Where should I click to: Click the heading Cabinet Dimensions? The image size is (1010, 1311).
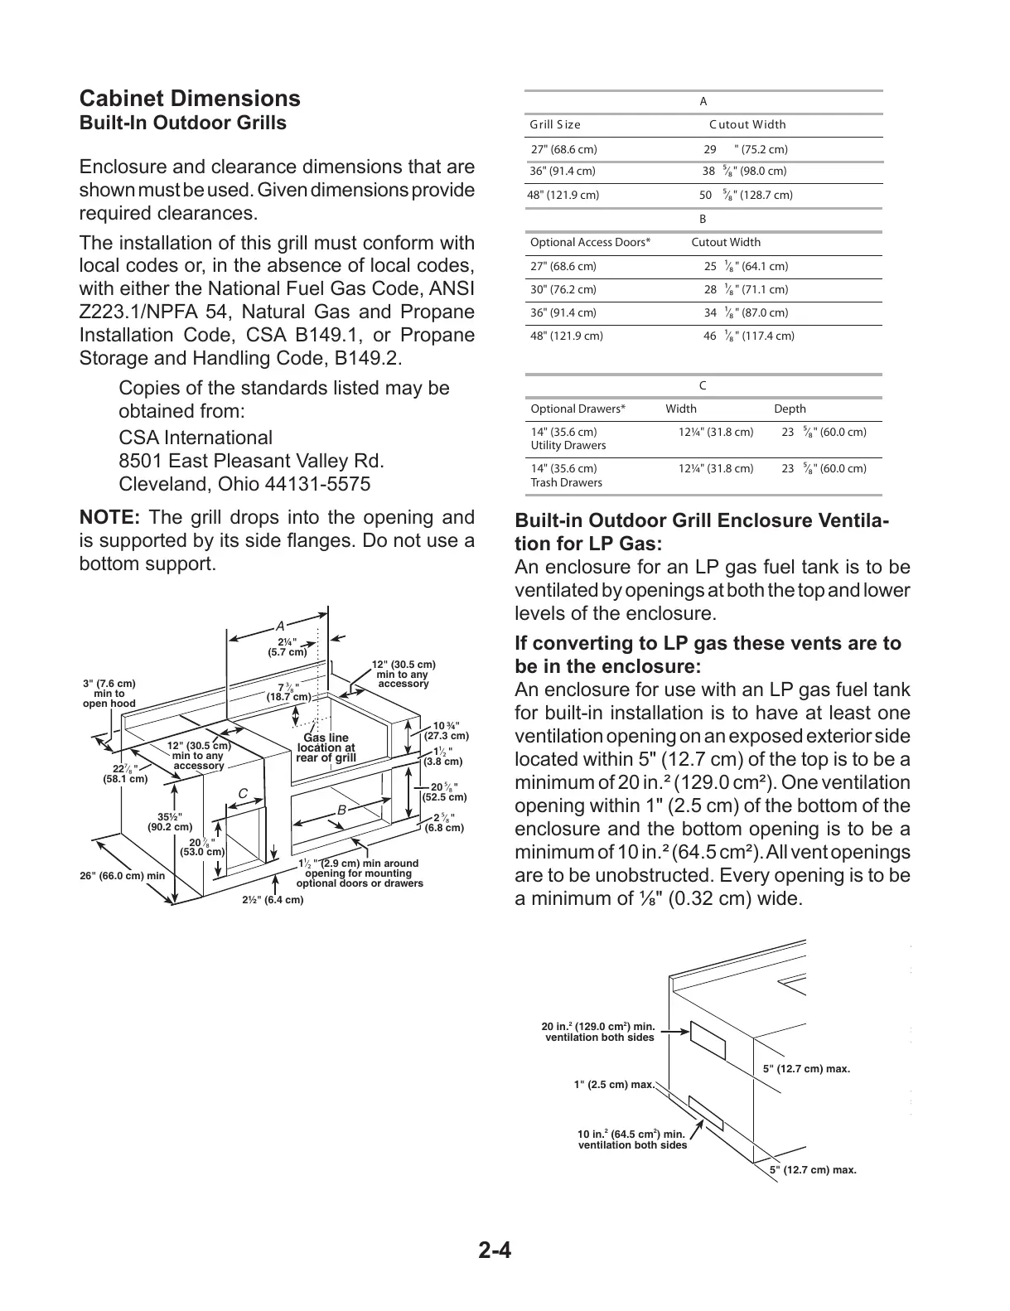click(x=190, y=99)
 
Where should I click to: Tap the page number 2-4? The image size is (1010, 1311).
click(x=495, y=1250)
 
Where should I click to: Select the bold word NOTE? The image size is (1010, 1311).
click(x=109, y=518)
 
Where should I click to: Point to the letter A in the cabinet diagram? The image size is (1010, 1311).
click(x=280, y=626)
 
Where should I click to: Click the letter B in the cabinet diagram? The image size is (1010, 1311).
click(x=341, y=810)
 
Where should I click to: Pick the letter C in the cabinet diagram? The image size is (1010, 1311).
click(x=243, y=794)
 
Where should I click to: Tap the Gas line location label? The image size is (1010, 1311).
click(x=326, y=747)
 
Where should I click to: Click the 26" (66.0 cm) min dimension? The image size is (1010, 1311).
click(x=123, y=876)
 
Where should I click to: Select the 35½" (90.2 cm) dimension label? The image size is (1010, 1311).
click(x=169, y=821)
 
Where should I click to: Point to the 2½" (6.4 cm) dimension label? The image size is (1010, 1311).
click(x=273, y=900)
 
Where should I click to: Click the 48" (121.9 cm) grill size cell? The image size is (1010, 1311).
click(x=563, y=196)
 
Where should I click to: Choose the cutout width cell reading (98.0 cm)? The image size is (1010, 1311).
click(x=744, y=172)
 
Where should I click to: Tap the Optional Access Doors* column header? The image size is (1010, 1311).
click(x=590, y=243)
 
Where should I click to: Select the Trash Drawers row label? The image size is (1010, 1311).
click(x=566, y=482)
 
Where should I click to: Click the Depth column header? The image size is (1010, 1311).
click(x=790, y=409)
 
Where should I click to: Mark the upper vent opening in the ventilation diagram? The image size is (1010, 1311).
click(x=708, y=1041)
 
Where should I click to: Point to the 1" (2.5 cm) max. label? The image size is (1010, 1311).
click(x=614, y=1085)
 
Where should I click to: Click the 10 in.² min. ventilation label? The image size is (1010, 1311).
click(x=631, y=1139)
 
